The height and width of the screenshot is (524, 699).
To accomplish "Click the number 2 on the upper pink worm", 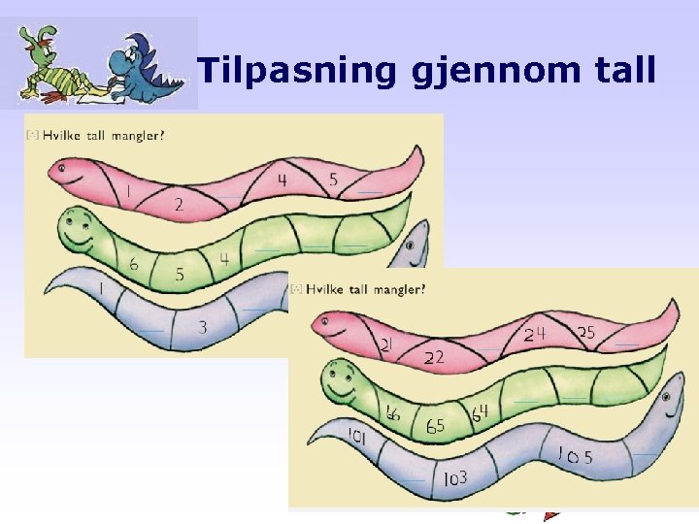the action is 179,205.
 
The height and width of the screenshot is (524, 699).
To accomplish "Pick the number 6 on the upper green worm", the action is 133,264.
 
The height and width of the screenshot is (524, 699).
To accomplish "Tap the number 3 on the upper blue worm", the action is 202,327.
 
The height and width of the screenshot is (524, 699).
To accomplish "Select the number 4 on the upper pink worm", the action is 282,180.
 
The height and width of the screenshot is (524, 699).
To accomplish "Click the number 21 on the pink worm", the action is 386,344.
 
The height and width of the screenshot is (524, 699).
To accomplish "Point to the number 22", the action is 434,357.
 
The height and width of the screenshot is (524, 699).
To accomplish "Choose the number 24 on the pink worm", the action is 535,335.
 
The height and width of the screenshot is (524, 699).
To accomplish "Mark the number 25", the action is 586,333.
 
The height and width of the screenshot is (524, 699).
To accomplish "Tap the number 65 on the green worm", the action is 436,426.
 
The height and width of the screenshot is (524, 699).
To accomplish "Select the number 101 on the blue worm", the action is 356,438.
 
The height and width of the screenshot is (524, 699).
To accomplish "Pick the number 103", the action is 454,478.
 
